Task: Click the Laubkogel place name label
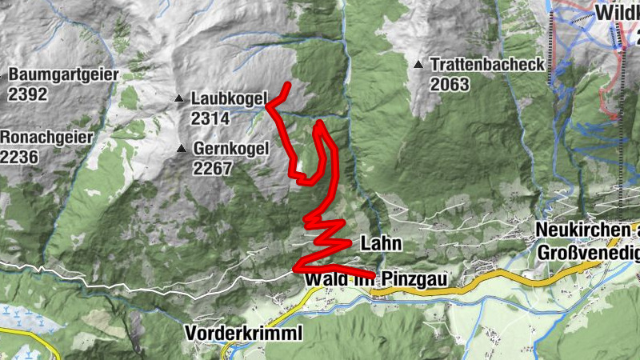[x=229, y=98]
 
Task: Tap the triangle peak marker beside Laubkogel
[x=179, y=98]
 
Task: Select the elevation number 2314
[x=210, y=118]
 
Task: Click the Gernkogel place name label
[x=230, y=149]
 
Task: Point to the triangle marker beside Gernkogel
[x=182, y=149]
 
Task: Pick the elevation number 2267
[x=212, y=169]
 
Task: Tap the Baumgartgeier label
[x=63, y=74]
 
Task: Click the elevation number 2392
[x=28, y=94]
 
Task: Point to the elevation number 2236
[x=19, y=157]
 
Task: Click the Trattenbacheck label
[x=486, y=65]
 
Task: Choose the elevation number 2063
[x=449, y=85]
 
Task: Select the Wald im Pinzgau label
[x=374, y=280]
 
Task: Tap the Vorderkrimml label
[x=243, y=333]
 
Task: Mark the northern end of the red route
[x=287, y=85]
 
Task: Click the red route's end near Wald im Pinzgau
[x=373, y=275]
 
